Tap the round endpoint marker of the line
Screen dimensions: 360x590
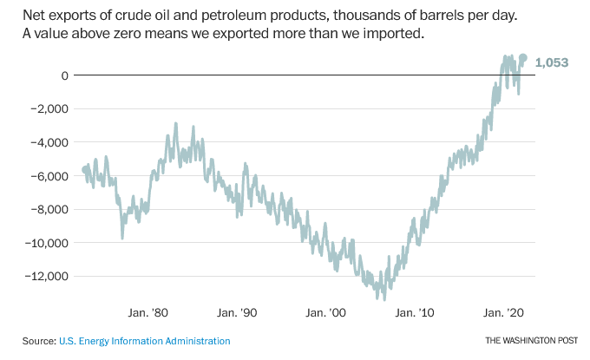(522, 58)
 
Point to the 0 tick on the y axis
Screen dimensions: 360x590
(63, 75)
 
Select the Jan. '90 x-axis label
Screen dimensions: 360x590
(237, 312)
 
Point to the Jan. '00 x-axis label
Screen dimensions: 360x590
(326, 312)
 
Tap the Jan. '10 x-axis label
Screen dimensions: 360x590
(415, 312)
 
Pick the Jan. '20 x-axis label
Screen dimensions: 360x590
(503, 312)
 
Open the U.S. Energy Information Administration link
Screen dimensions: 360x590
(145, 341)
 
